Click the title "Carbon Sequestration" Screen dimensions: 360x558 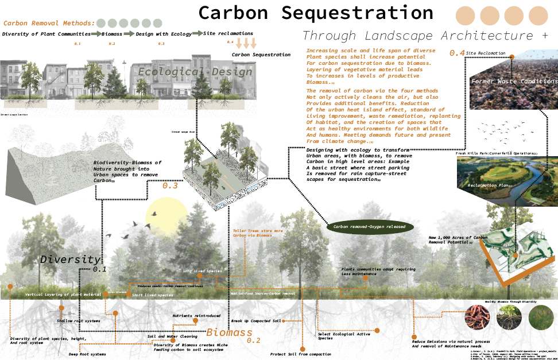[x=316, y=13]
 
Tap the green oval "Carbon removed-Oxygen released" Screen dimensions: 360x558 [x=371, y=227]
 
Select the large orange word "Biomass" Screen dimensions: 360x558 [x=230, y=332]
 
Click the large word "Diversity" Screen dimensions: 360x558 [x=70, y=260]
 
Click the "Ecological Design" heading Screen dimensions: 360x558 [x=195, y=72]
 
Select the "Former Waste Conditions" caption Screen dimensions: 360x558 [x=514, y=82]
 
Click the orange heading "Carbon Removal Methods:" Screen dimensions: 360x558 [x=49, y=24]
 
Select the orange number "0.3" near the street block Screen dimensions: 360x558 [x=170, y=186]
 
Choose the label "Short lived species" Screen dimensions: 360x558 [x=152, y=295]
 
